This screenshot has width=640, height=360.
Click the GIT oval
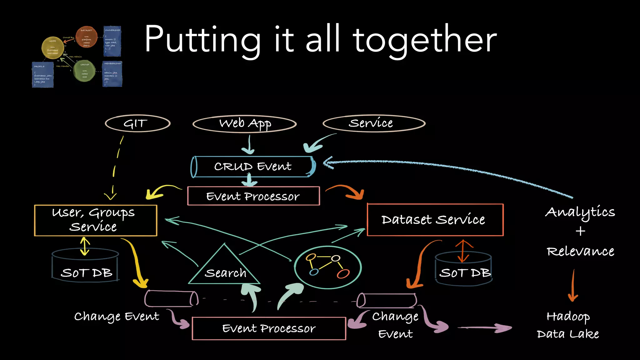[x=137, y=123]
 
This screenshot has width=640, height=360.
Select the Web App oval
[x=245, y=124]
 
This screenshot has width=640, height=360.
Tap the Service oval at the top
[x=374, y=123]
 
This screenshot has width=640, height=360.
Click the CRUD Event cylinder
[x=253, y=167]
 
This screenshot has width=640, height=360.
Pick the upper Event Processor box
[x=253, y=196]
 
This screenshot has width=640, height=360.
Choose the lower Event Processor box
[x=269, y=328]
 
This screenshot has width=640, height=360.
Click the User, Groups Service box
[x=95, y=220]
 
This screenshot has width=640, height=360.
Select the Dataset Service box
[x=435, y=220]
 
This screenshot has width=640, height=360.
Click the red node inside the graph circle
[x=343, y=274]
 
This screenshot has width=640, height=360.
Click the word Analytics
[x=580, y=212]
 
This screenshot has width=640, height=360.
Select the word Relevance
[x=580, y=251]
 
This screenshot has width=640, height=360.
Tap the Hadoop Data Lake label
[x=568, y=325]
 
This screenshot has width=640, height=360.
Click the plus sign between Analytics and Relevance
[x=580, y=231]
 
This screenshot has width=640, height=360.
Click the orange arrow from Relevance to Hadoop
[x=573, y=286]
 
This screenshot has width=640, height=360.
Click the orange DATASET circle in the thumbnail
[x=86, y=37]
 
